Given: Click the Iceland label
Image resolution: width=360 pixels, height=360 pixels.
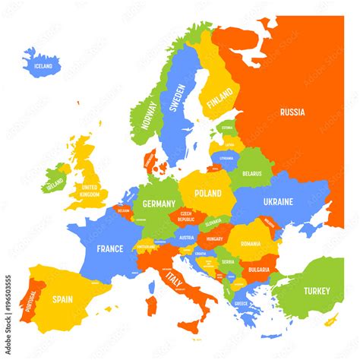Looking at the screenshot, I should coord(43,67).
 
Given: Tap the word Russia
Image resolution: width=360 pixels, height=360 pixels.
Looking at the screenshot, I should coord(292,112).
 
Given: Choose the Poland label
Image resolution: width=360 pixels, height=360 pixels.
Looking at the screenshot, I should coord(207,194).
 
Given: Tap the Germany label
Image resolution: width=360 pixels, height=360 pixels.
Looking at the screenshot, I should coord(159,204).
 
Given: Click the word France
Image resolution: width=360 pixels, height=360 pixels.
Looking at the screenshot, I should coord(109,248).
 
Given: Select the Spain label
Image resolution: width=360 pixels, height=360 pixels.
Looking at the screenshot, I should coord(62,300).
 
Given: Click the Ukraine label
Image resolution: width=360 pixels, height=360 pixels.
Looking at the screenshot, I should coord(277,203).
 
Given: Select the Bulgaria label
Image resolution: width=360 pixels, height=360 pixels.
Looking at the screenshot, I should coord(258,269).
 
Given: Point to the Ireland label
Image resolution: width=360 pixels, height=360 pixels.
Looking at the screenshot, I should coord(54,185).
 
